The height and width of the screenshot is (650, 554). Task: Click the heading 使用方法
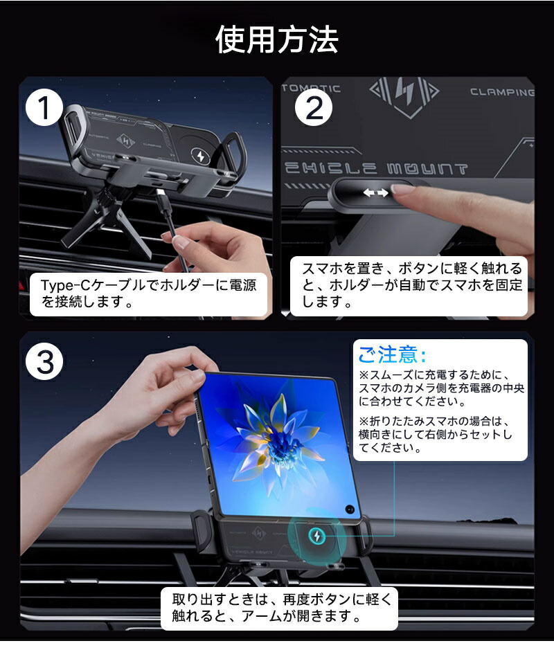(276, 40)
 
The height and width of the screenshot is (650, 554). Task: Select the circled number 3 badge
(45, 361)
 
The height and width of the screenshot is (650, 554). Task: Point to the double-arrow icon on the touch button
(375, 193)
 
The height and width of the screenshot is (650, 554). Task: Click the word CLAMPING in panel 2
(501, 91)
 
